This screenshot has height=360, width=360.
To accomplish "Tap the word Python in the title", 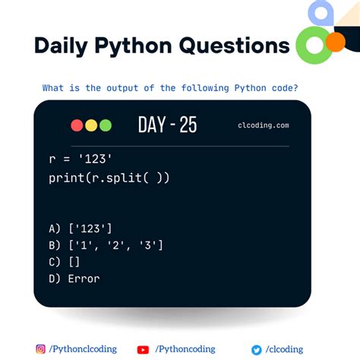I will pos(136,46).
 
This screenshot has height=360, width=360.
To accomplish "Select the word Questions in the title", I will pos(236,46).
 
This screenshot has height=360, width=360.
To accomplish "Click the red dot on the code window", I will pos(77,125).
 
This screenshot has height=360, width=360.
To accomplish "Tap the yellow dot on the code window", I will pos(91,125).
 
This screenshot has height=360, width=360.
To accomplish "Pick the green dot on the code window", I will pos(105,125).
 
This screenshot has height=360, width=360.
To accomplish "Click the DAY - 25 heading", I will pos(167,125).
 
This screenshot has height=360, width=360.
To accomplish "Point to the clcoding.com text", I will pos(263,126).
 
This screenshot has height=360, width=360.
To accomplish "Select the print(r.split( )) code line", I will pos(109,178).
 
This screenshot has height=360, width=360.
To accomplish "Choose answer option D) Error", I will pos(74,278).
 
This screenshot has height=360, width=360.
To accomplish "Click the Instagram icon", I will pos(41,349).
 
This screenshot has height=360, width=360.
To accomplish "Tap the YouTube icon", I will pos(143,349).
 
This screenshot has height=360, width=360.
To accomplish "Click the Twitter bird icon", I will pos(256,349).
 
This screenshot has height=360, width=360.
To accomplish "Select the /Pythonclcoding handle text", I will pos(83,349).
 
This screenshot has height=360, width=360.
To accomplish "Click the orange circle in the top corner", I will pos(335,42).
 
